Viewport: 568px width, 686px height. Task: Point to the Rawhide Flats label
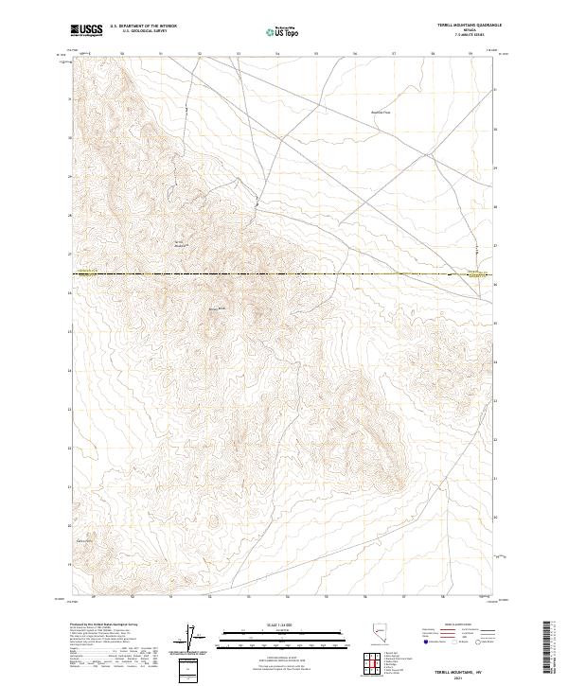[380, 113]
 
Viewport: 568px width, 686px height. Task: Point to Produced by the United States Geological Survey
[104, 625]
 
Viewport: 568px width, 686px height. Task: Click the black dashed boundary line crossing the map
[284, 274]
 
